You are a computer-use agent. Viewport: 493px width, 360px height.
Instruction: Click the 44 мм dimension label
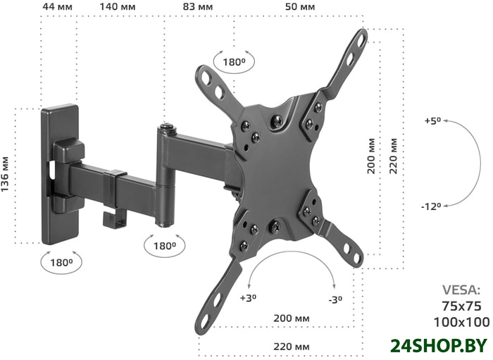57,6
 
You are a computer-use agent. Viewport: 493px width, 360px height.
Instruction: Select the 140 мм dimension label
118,6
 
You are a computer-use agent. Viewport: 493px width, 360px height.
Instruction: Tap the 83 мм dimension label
198,6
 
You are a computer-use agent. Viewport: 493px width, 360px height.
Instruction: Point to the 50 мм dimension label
300,6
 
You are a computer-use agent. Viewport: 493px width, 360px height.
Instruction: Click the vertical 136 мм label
5,174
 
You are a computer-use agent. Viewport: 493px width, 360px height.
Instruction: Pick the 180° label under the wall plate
61,262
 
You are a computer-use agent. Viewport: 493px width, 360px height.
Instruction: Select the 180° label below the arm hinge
164,246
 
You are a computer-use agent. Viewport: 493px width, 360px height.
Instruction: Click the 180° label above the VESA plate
234,62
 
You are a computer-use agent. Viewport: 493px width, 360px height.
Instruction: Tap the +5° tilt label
433,120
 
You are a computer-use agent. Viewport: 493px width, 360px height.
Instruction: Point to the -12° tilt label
431,206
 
